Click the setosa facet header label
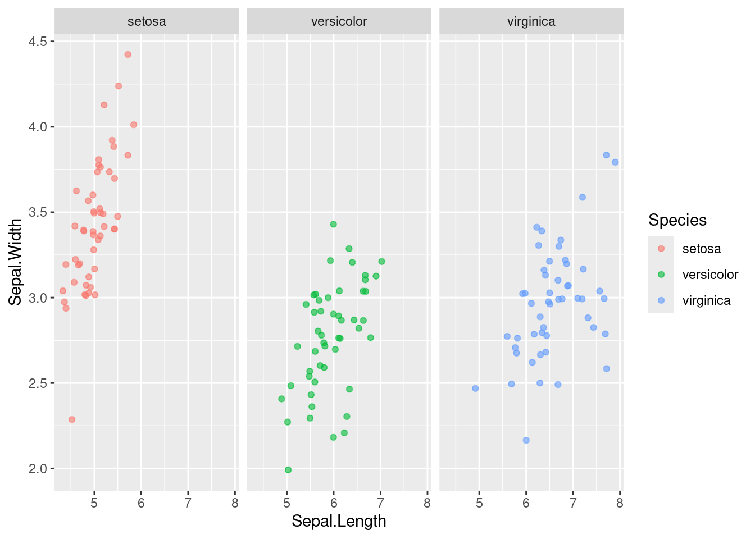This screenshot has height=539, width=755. pos(147,22)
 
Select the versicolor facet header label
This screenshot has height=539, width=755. pos(339,22)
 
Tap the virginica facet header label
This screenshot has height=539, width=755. pos(531,22)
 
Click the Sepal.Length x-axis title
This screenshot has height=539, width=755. pos(339,521)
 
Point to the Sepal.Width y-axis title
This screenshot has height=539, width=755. pos(16,262)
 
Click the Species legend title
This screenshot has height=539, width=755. pos(677,220)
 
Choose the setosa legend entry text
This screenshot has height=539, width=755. pos(701,249)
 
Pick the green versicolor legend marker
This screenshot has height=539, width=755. pos(661,275)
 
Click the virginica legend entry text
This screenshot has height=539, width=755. pos(706,300)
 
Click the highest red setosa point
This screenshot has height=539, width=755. pos(128,54)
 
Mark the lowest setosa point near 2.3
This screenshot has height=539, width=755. pos(72,419)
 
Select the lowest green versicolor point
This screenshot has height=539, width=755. pos(288,470)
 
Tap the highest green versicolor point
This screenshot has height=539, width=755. pos(333,224)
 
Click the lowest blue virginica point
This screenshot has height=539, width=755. pos(526,440)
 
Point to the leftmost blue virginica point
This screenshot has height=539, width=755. pos(475,389)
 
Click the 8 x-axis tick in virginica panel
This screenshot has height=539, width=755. pos(620,504)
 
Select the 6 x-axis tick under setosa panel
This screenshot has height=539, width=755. pos(141,504)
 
